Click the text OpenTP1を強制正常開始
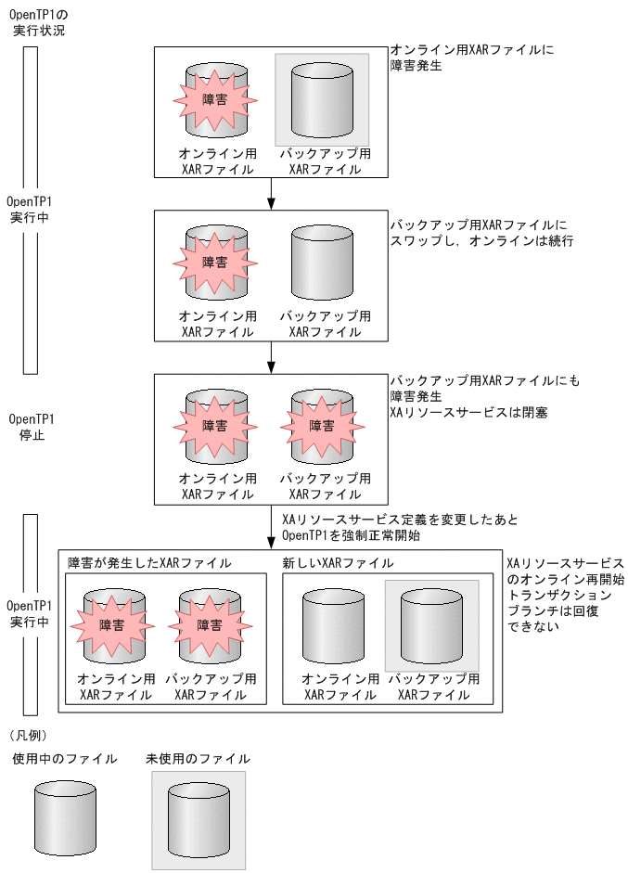(353, 535)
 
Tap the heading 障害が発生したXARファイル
(149, 563)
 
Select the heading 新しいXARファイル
(338, 563)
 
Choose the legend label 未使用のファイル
(198, 759)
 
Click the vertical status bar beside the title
(30, 210)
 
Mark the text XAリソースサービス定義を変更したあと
(399, 520)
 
